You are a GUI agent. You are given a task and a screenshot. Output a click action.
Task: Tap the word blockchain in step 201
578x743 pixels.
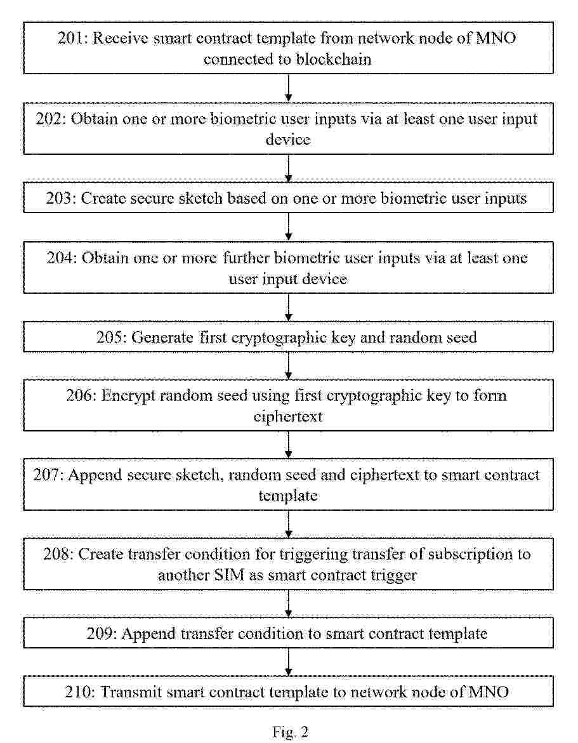coord(334,59)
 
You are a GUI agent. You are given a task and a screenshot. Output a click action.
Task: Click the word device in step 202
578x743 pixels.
coord(288,140)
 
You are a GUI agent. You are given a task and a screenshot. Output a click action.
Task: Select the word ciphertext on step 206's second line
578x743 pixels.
coord(288,416)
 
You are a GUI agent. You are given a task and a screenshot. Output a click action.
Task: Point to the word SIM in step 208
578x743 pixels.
coord(229,575)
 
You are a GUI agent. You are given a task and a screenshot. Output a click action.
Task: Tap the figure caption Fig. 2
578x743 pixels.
coord(290,732)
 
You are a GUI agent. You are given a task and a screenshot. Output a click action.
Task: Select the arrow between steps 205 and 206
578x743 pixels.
coord(289,366)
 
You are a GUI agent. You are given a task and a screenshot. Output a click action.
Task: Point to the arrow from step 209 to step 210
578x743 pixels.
coord(289,662)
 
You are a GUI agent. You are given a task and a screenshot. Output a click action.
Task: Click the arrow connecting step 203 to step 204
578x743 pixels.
coord(289,227)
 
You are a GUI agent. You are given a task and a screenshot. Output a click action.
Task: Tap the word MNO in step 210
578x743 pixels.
coord(489,692)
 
